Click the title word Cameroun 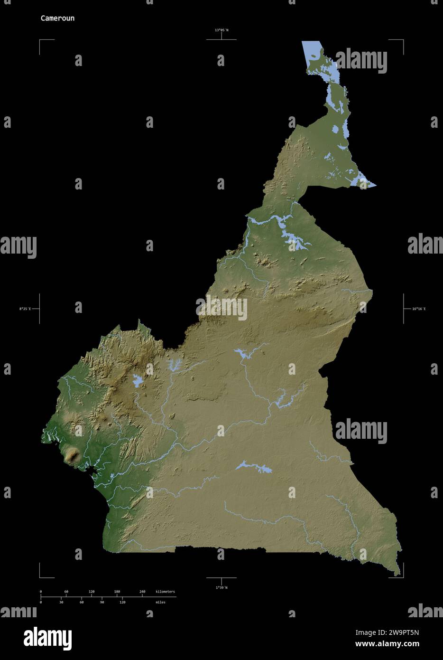(57, 19)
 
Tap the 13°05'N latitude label (221, 30)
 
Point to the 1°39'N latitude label (221, 587)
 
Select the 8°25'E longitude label (25, 309)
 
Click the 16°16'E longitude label (418, 309)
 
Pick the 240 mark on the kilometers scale (142, 592)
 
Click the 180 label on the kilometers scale (117, 592)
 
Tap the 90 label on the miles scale (102, 602)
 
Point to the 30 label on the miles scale (61, 602)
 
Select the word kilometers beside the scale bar (165, 592)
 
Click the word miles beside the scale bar (160, 602)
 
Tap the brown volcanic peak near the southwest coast (72, 456)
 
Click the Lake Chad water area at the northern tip (313, 52)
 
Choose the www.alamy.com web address (387, 644)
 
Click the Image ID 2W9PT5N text (387, 632)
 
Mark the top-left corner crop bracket (40, 41)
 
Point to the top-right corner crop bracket (403, 41)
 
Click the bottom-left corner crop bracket (40, 577)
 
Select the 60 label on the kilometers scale (66, 592)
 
